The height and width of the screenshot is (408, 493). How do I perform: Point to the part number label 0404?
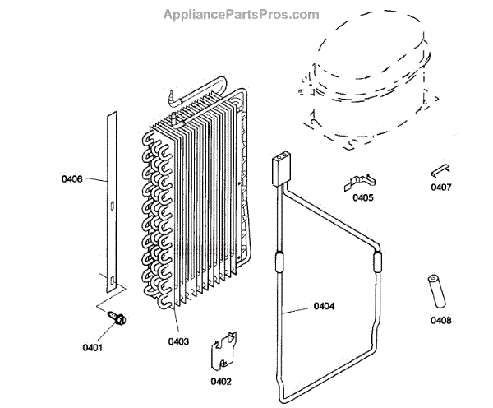click(324, 308)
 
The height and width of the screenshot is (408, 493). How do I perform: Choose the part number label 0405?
click(362, 197)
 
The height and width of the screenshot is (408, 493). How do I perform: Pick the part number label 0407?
click(440, 187)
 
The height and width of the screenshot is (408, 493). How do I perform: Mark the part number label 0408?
click(440, 321)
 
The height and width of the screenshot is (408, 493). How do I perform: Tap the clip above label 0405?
click(359, 180)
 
